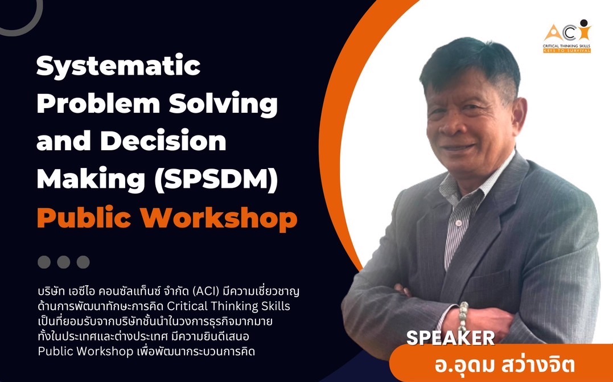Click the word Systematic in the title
pos(118,67)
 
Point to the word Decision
pos(163,141)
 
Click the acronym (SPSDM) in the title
pos(216,179)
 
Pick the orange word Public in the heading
pos(84,218)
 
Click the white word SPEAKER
pos(450,338)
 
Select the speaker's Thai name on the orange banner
pos(504,365)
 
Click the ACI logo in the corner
pos(567,36)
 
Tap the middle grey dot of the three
pos(63,262)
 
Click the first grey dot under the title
pos(44,262)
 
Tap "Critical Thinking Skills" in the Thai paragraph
pos(231,306)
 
